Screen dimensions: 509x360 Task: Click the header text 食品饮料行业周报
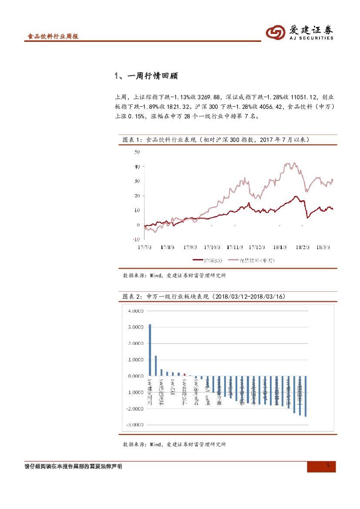[53, 37]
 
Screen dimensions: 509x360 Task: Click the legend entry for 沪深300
[208, 260]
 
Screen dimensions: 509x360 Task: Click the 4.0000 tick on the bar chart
[135, 311]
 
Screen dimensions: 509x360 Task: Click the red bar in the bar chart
[185, 374]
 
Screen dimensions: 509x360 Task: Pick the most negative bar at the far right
[306, 396]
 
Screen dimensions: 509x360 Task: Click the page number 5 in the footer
[328, 466]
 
